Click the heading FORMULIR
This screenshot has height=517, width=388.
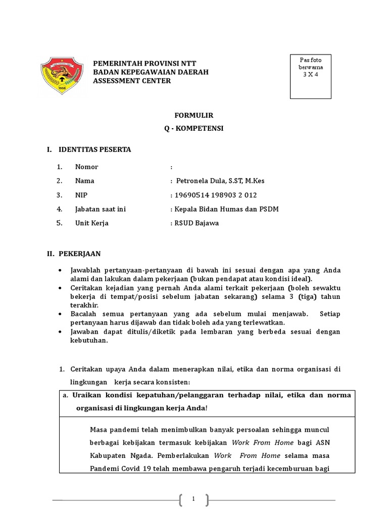(194, 115)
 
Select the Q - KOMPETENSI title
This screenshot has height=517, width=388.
(194, 128)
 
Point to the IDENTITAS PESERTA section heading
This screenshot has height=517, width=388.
(95, 149)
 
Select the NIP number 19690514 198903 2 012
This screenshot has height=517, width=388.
(210, 194)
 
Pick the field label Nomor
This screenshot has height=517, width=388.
(86, 167)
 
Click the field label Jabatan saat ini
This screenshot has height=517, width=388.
(100, 209)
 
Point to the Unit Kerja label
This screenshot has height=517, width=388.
(91, 223)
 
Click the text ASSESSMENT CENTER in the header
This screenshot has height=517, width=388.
(132, 81)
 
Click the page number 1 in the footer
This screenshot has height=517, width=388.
(193, 499)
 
